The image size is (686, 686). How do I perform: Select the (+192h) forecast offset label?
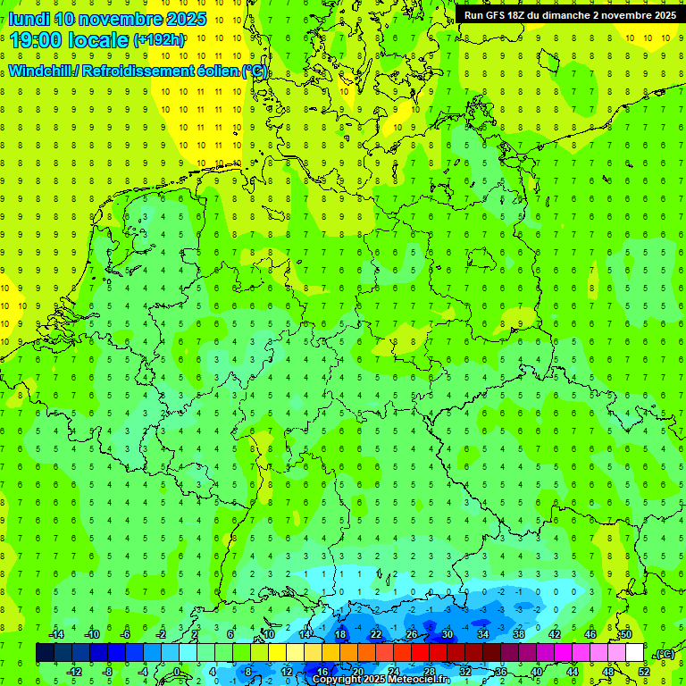tap(159, 40)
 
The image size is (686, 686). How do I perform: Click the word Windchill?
tap(41, 71)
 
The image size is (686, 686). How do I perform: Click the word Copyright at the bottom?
tap(338, 680)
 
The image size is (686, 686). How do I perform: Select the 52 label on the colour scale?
tap(644, 671)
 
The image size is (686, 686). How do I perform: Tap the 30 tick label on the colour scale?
tap(448, 635)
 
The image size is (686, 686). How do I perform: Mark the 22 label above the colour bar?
tap(376, 635)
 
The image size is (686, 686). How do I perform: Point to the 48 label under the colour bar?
tap(608, 671)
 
